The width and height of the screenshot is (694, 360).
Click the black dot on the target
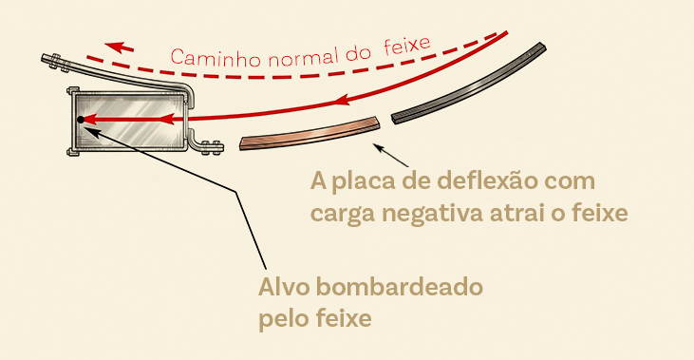tap(81, 120)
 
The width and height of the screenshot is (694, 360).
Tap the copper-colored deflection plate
tap(309, 134)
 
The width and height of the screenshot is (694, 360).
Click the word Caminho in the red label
tap(216, 59)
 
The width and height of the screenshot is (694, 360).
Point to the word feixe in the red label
tap(406, 46)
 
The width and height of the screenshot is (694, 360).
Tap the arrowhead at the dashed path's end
tap(119, 47)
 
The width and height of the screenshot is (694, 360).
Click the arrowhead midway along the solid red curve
tap(344, 101)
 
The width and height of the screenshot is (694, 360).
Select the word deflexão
tap(516, 181)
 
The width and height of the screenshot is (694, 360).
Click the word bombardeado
tap(400, 287)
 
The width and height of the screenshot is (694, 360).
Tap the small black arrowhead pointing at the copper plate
tap(378, 147)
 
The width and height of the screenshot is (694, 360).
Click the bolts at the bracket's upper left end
tap(55, 62)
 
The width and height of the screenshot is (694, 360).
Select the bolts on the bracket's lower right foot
tap(211, 148)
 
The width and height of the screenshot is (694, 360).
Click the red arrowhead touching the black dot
tap(91, 119)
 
